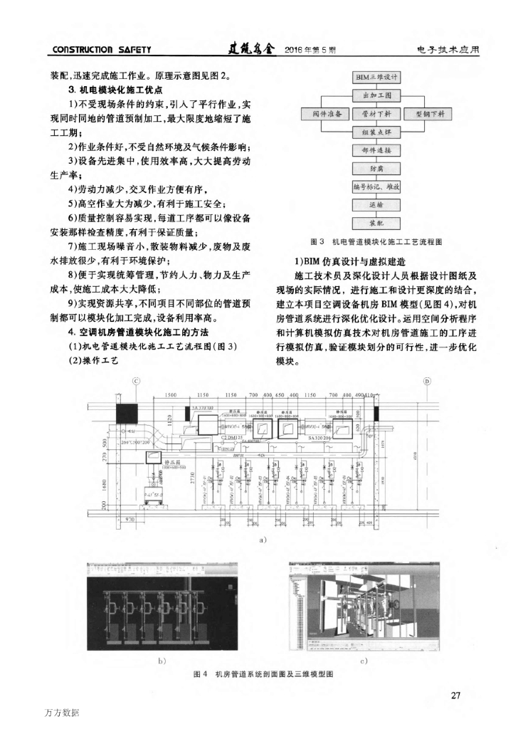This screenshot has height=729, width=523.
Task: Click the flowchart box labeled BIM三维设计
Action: pos(378,76)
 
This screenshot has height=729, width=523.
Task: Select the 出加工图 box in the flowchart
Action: pos(378,95)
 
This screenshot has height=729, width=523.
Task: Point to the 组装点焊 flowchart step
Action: pos(378,132)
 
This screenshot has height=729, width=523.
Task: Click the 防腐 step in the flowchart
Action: pos(378,169)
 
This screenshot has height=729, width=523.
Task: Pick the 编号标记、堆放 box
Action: pos(378,187)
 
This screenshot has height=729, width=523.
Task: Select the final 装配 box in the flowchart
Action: pos(378,223)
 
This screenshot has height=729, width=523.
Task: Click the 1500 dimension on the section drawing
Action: pos(170,395)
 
